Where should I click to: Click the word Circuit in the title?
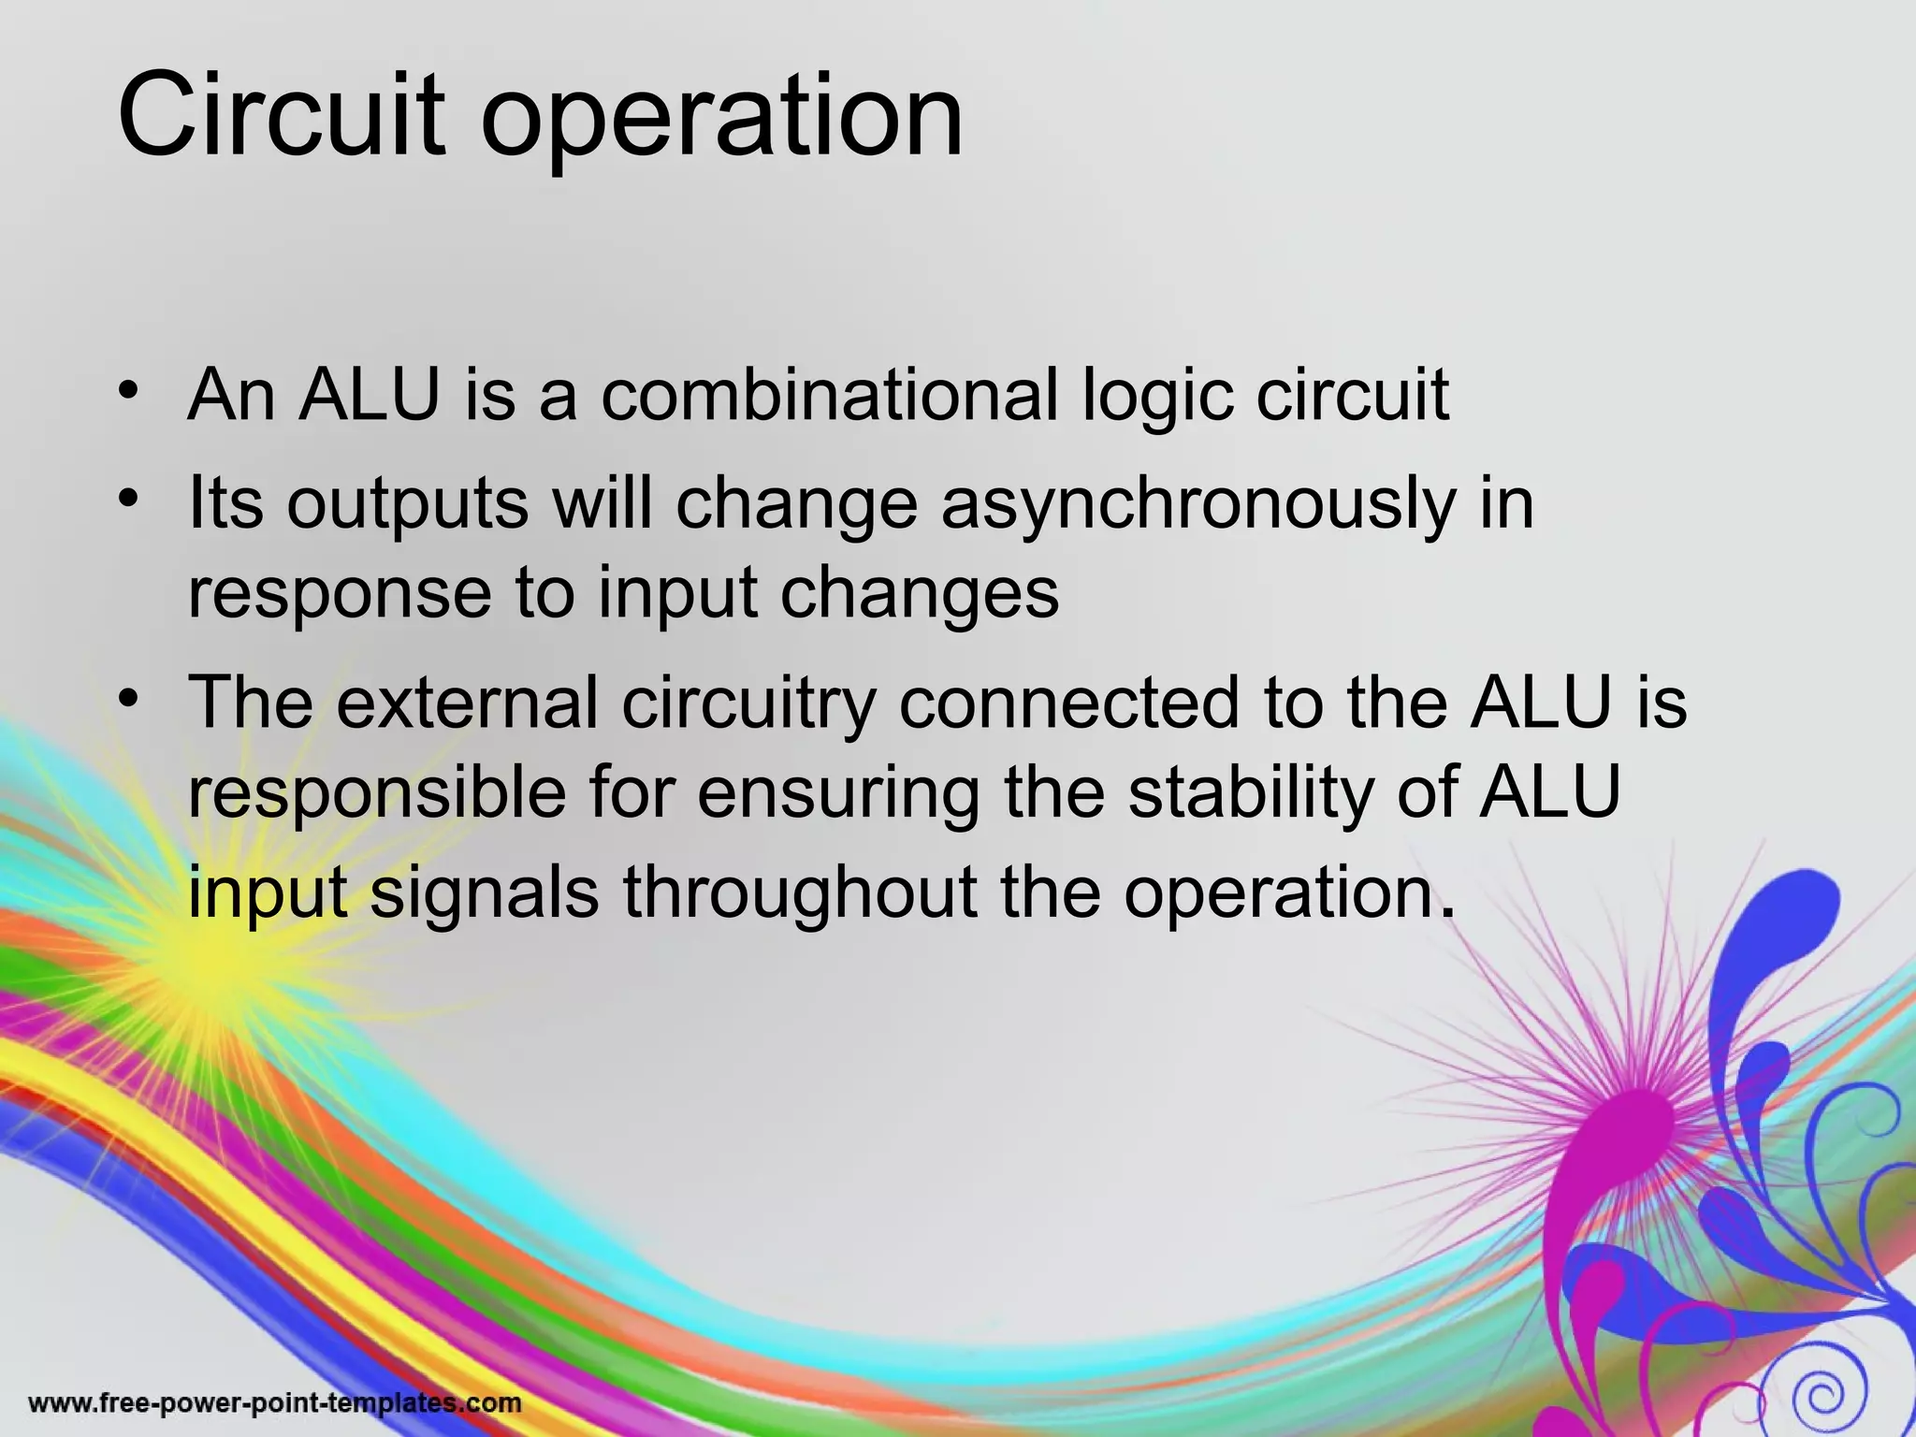pos(281,117)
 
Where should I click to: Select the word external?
pos(467,702)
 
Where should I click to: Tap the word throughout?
pos(800,892)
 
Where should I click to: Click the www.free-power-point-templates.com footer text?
pos(275,1403)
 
